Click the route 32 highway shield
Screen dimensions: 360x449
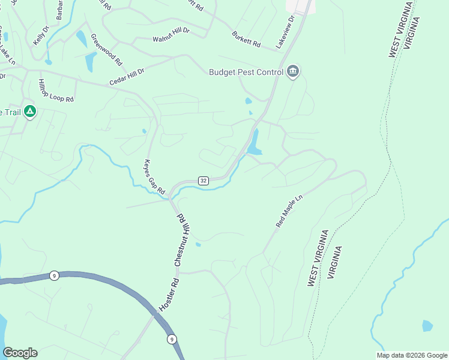[x=203, y=181]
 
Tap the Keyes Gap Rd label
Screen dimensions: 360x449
[x=154, y=176]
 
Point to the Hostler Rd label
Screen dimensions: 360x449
[x=169, y=293]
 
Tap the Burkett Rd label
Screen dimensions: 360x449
[x=246, y=40]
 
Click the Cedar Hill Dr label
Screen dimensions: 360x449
[x=127, y=76]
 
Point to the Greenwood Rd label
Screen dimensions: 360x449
[x=107, y=49]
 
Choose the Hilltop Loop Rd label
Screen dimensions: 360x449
[x=56, y=90]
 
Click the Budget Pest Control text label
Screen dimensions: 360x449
[x=246, y=72]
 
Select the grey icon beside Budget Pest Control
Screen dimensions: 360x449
[x=293, y=72]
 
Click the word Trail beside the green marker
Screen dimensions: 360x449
[x=10, y=112]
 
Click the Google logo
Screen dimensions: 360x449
[x=20, y=353]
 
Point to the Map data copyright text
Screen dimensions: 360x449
[x=411, y=355]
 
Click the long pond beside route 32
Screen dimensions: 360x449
[x=255, y=143]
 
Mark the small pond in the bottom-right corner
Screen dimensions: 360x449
[x=427, y=326]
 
